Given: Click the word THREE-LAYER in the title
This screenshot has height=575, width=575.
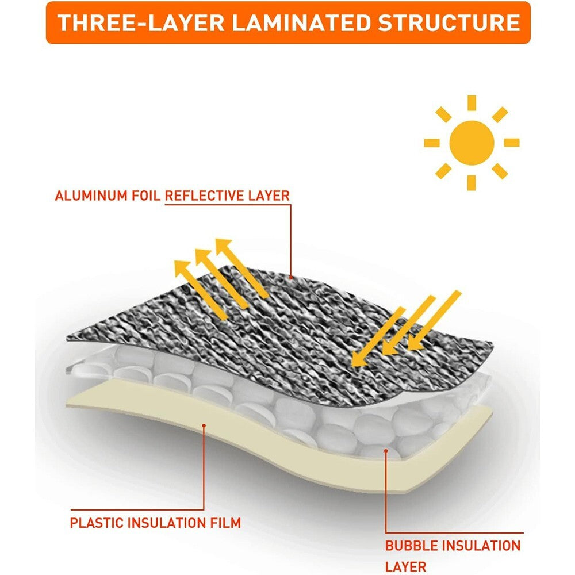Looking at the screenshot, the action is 141,23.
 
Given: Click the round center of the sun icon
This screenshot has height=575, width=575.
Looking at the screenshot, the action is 471,143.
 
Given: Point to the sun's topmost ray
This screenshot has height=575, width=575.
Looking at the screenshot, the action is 471,103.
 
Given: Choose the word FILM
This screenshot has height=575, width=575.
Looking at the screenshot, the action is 225,523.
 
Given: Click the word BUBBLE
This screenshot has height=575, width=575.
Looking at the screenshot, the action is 411,546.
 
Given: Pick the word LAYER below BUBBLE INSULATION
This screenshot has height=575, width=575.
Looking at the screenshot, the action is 405,567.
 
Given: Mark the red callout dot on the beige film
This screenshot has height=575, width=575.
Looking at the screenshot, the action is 204,425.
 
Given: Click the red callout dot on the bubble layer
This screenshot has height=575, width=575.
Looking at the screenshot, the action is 386,451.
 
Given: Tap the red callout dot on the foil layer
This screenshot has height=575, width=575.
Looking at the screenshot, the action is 291,278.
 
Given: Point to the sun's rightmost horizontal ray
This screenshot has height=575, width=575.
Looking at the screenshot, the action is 512,143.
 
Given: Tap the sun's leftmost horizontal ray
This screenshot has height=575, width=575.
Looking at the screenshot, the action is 432,143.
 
